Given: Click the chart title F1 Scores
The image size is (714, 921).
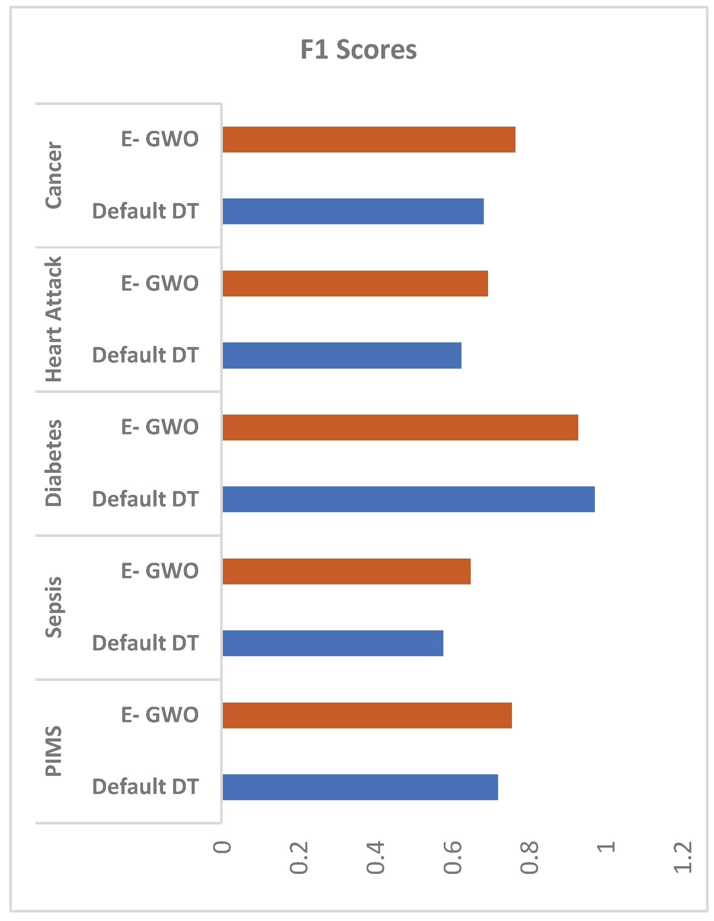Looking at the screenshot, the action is (359, 50).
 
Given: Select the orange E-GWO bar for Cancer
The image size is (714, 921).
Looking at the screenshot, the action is (369, 140).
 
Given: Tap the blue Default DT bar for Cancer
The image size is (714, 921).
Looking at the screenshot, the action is (353, 211).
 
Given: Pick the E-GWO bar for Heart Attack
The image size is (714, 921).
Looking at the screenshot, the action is (355, 283).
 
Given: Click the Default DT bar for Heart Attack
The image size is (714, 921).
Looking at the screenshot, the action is (342, 356).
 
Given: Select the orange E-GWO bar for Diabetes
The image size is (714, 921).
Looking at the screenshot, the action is (400, 428).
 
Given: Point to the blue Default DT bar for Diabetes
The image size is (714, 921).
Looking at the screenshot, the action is (409, 499).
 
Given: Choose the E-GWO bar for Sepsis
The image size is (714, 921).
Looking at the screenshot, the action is (347, 571).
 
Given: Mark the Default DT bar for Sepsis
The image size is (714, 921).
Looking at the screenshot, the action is (333, 643).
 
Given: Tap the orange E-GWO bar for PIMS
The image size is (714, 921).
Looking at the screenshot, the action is (367, 715).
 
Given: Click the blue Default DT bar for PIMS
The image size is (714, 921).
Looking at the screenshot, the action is (360, 787).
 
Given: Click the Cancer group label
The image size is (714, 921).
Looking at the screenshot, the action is (54, 175).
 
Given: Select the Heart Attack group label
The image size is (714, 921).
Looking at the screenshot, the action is (54, 319).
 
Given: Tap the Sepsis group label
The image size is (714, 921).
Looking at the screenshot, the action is (54, 607).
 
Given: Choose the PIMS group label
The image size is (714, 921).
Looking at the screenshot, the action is (54, 751).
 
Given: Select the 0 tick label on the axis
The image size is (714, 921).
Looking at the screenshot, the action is (222, 847).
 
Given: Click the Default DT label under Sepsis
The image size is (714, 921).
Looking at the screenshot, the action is (145, 643).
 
